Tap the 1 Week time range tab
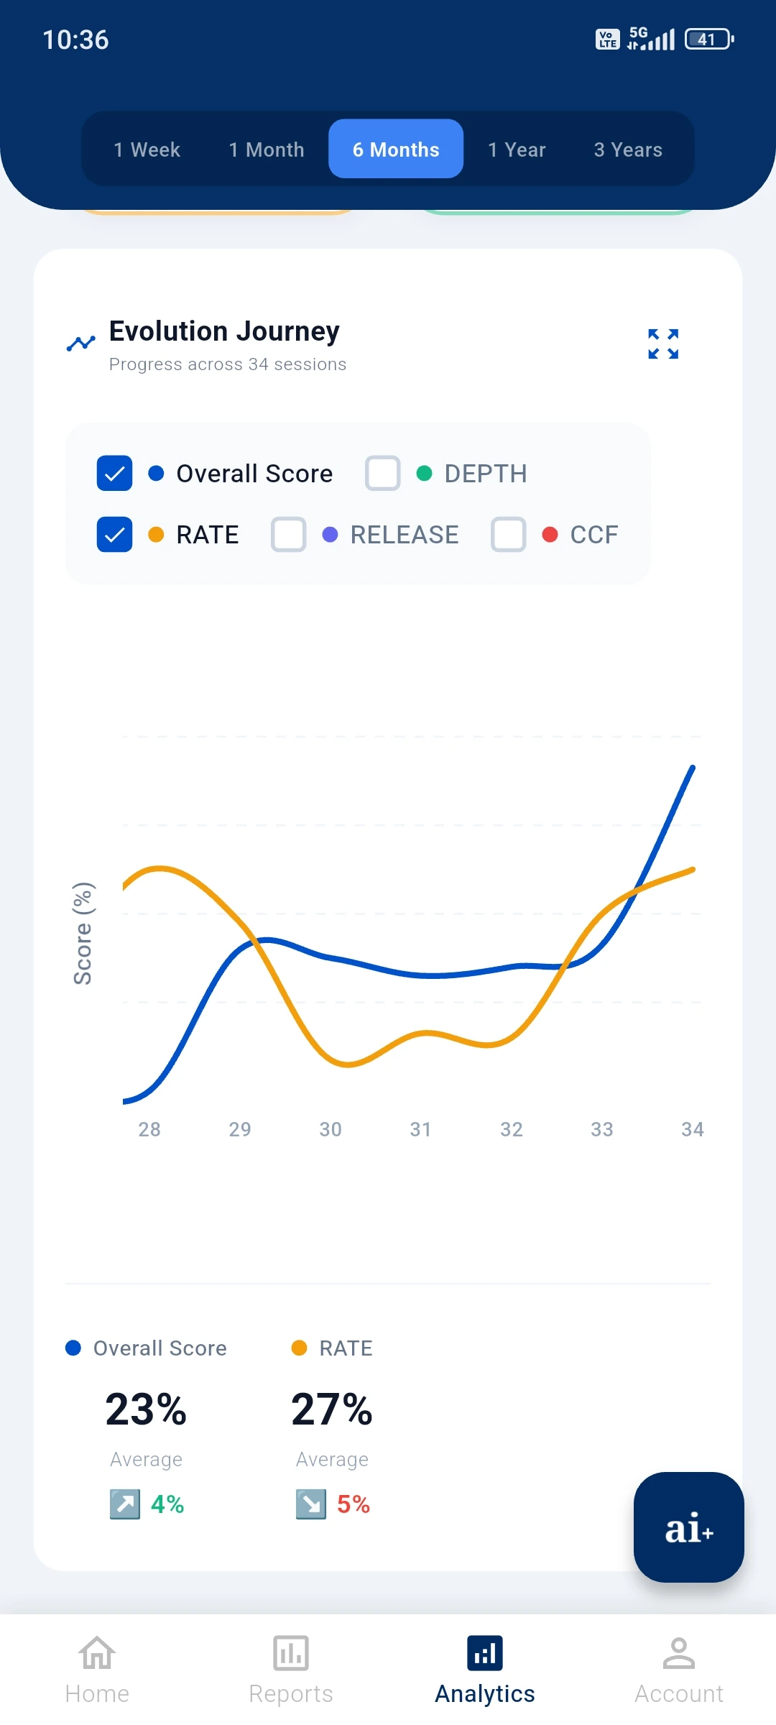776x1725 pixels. click(147, 149)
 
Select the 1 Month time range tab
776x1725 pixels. click(267, 149)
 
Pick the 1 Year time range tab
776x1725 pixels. click(517, 149)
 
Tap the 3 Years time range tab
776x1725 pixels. click(628, 149)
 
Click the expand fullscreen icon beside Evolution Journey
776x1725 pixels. click(663, 344)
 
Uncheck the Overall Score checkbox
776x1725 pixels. click(115, 474)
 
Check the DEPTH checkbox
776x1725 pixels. click(382, 474)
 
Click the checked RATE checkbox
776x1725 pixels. click(115, 535)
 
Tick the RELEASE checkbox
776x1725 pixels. click(289, 535)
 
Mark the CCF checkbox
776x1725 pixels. click(509, 535)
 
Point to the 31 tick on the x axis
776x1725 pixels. click(421, 1129)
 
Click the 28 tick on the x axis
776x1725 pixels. click(149, 1129)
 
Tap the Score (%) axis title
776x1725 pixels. click(83, 933)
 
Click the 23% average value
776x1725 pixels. click(146, 1409)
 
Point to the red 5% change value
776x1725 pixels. click(354, 1504)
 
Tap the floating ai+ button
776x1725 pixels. click(688, 1527)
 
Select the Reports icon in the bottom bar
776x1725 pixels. click(291, 1654)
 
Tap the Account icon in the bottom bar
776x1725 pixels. click(679, 1654)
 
